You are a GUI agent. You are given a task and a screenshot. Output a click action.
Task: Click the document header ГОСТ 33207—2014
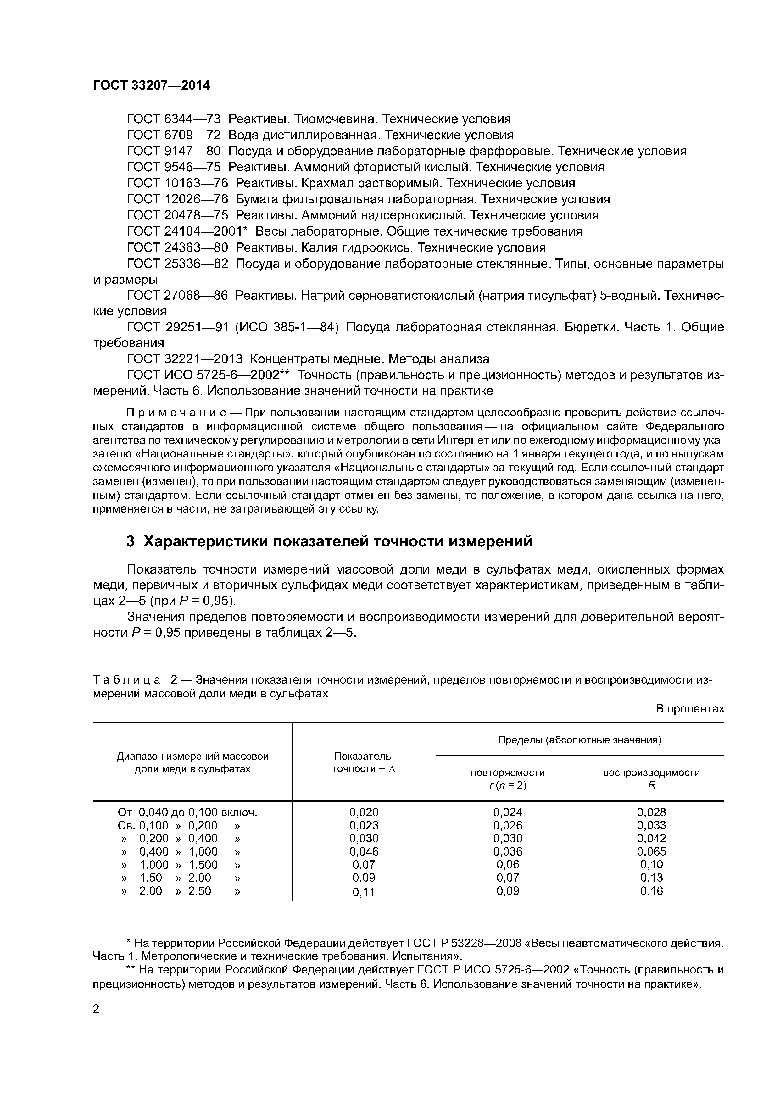[151, 86]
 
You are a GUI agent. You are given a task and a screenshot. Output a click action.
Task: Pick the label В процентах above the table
[690, 709]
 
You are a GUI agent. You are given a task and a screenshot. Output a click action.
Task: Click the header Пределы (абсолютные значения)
[580, 740]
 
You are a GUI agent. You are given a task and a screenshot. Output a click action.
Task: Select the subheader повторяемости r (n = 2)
[508, 779]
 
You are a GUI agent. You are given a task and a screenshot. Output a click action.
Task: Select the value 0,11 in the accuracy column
[364, 892]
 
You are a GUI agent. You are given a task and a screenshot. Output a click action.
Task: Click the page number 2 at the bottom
[96, 1009]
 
